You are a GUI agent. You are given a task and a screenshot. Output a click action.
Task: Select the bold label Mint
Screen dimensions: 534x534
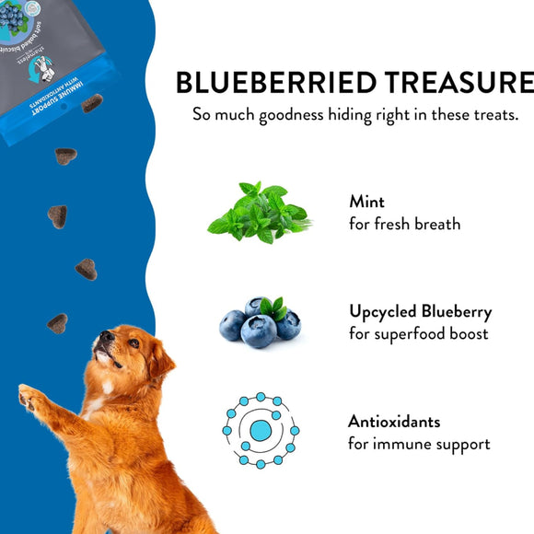click(366, 202)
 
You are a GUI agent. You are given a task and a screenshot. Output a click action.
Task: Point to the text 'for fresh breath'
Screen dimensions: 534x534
click(404, 224)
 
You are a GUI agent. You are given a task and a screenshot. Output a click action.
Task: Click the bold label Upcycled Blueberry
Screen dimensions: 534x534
click(420, 311)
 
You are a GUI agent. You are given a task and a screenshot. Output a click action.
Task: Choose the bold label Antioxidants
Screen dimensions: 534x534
click(394, 422)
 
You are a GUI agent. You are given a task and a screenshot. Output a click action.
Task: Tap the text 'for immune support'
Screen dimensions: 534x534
click(419, 445)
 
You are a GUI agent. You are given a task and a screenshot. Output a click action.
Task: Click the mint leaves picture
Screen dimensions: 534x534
click(259, 213)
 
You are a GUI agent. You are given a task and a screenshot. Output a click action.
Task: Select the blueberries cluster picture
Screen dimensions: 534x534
click(260, 323)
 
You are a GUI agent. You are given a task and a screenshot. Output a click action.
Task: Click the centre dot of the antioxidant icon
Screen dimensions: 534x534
click(261, 430)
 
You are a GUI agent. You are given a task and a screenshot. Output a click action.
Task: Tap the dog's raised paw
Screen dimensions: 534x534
click(31, 398)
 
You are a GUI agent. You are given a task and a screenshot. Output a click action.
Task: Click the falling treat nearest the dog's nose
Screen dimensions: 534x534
click(57, 323)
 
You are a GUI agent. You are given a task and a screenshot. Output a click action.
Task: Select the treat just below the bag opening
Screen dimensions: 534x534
click(91, 103)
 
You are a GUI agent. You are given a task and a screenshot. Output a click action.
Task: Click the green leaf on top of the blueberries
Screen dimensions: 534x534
click(273, 308)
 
